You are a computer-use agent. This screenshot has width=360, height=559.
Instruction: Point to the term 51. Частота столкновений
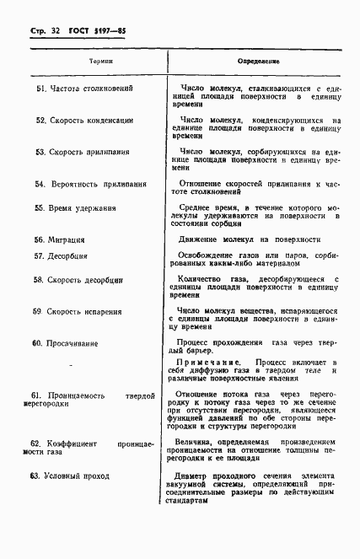[83, 88]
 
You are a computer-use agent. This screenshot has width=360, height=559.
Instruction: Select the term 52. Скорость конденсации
[84, 121]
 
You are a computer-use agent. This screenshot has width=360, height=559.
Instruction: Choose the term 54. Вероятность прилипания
[90, 184]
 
